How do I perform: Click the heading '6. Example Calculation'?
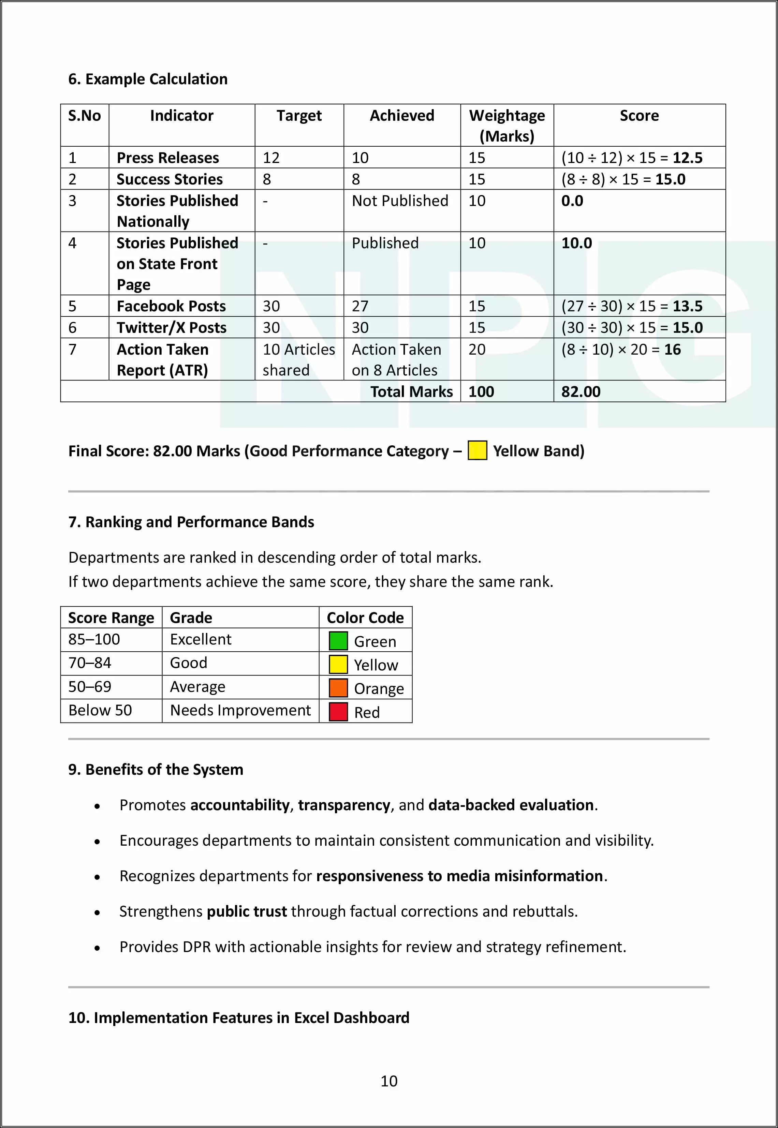[148, 79]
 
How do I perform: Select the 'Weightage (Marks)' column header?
[507, 126]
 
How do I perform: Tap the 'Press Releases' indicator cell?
[168, 158]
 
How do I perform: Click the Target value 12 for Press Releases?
[271, 158]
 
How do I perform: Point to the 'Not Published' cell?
[400, 201]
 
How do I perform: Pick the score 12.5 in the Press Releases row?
[687, 158]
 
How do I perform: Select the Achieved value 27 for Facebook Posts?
[360, 306]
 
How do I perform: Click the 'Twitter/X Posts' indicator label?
[172, 327]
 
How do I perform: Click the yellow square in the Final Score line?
[477, 450]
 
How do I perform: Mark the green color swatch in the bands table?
[338, 641]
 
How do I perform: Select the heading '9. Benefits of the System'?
[156, 769]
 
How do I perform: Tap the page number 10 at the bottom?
[389, 1081]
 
